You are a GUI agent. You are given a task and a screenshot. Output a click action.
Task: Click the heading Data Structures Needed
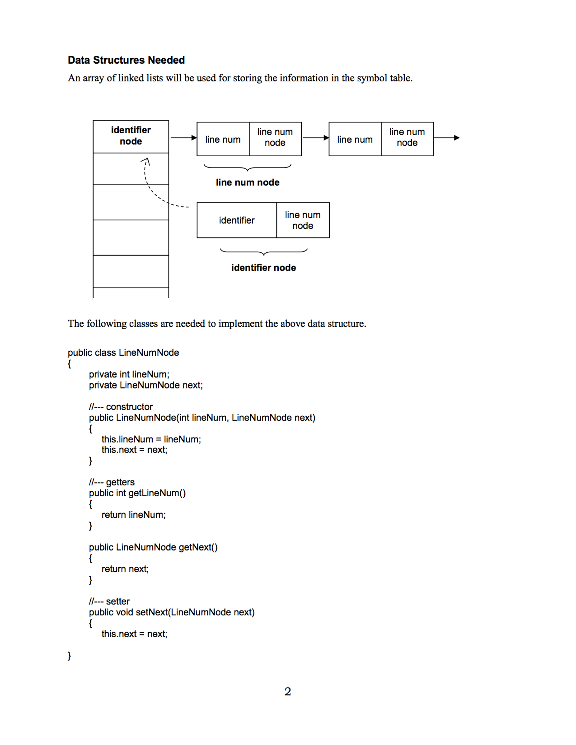[x=126, y=60]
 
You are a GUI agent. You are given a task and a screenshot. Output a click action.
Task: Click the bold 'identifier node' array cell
[x=131, y=136]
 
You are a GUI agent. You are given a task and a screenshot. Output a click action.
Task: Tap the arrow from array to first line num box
[x=183, y=138]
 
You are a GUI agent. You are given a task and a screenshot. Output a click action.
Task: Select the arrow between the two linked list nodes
[x=316, y=138]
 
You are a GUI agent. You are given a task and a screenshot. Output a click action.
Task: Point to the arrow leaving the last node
[x=446, y=138]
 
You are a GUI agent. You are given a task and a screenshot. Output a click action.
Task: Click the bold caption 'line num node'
[x=247, y=182]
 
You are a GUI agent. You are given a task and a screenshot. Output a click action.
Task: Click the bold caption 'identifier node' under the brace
[x=263, y=268]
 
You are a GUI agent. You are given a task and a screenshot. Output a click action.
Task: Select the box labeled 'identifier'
[x=236, y=220]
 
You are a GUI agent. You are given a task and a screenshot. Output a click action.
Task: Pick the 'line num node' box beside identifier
[x=303, y=220]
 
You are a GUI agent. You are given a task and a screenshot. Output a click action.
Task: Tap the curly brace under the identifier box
[x=263, y=252]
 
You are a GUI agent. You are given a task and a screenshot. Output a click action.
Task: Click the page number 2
[x=287, y=691]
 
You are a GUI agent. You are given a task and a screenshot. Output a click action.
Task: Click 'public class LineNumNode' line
[x=123, y=352]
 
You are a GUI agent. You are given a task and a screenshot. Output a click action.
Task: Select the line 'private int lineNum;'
[x=129, y=374]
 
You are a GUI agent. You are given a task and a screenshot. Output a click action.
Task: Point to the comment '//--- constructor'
[x=121, y=407]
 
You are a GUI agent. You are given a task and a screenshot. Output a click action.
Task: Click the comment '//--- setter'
[x=109, y=601]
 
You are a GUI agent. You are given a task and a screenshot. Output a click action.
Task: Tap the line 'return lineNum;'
[x=133, y=515]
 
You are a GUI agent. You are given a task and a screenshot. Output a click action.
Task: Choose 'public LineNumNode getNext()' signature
[x=153, y=547]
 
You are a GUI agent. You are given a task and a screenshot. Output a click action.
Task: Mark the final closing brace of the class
[x=69, y=656]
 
